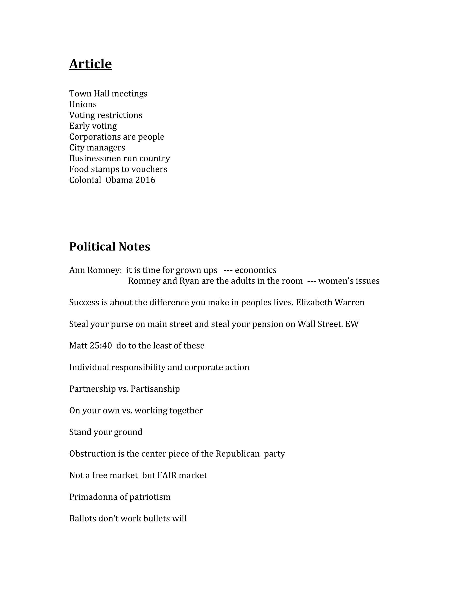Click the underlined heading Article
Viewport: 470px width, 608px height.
(90, 64)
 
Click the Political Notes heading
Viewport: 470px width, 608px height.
(109, 247)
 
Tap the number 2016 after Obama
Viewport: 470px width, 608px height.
(145, 180)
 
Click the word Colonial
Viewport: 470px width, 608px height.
(85, 180)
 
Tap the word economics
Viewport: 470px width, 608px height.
(256, 270)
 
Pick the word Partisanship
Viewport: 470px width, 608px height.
(155, 389)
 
